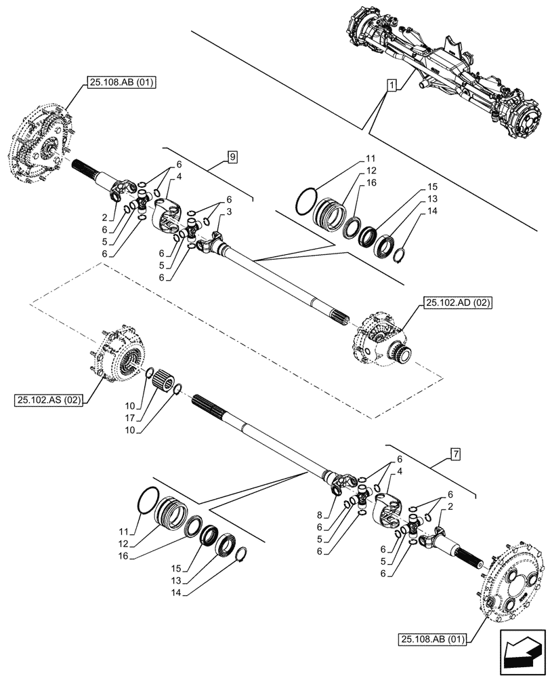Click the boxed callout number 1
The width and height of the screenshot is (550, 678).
point(392,85)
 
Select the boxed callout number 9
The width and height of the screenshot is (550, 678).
point(232,157)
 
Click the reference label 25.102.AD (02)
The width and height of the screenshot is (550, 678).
point(458,303)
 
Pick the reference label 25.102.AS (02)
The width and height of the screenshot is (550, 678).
point(47,401)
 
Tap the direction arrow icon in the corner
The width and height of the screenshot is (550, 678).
point(523,651)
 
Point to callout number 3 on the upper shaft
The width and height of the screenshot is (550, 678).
point(230,212)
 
